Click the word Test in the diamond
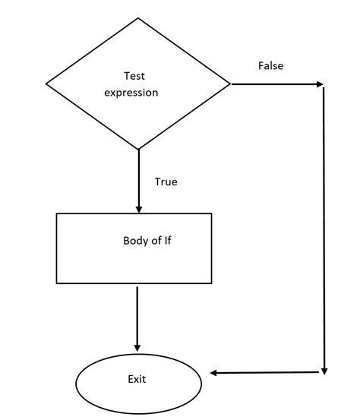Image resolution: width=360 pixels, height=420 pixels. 134,76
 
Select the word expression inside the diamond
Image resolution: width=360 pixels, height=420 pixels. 131,93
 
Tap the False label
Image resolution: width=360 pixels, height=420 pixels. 270,66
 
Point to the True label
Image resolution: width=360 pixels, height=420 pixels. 166,182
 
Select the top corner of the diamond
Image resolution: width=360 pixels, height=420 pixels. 138,17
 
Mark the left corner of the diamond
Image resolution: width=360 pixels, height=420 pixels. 47,84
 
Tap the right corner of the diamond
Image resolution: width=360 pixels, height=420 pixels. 230,84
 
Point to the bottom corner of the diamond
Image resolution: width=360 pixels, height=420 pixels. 138,150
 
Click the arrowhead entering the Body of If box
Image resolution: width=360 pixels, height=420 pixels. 138,209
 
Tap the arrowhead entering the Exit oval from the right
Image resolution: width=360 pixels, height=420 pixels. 213,373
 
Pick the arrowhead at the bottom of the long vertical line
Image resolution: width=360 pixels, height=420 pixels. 324,371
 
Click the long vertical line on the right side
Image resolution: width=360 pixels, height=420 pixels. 324,228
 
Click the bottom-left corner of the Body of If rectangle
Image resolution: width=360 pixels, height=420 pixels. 57,283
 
